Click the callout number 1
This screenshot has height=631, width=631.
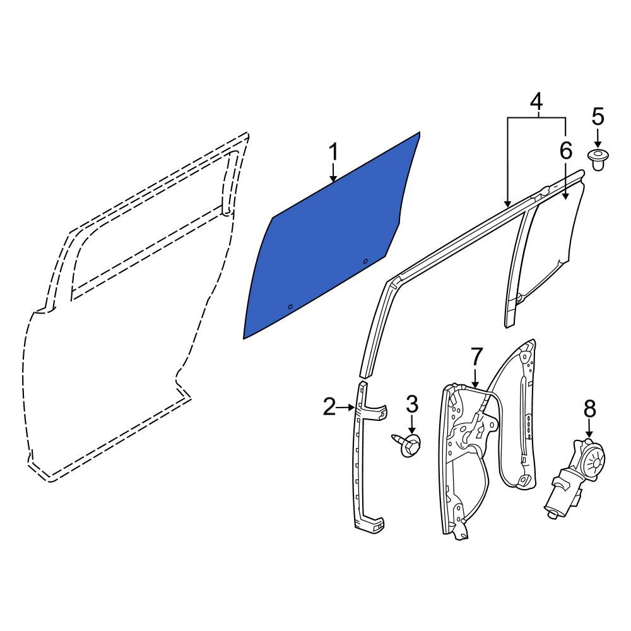(333, 153)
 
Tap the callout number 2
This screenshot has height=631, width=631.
(329, 406)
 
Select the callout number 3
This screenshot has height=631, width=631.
(412, 404)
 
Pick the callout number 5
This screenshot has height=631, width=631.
(598, 116)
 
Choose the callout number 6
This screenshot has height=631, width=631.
(566, 151)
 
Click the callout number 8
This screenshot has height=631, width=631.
(589, 410)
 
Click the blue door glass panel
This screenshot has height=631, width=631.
(330, 242)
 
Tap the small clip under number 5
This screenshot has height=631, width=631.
(598, 160)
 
